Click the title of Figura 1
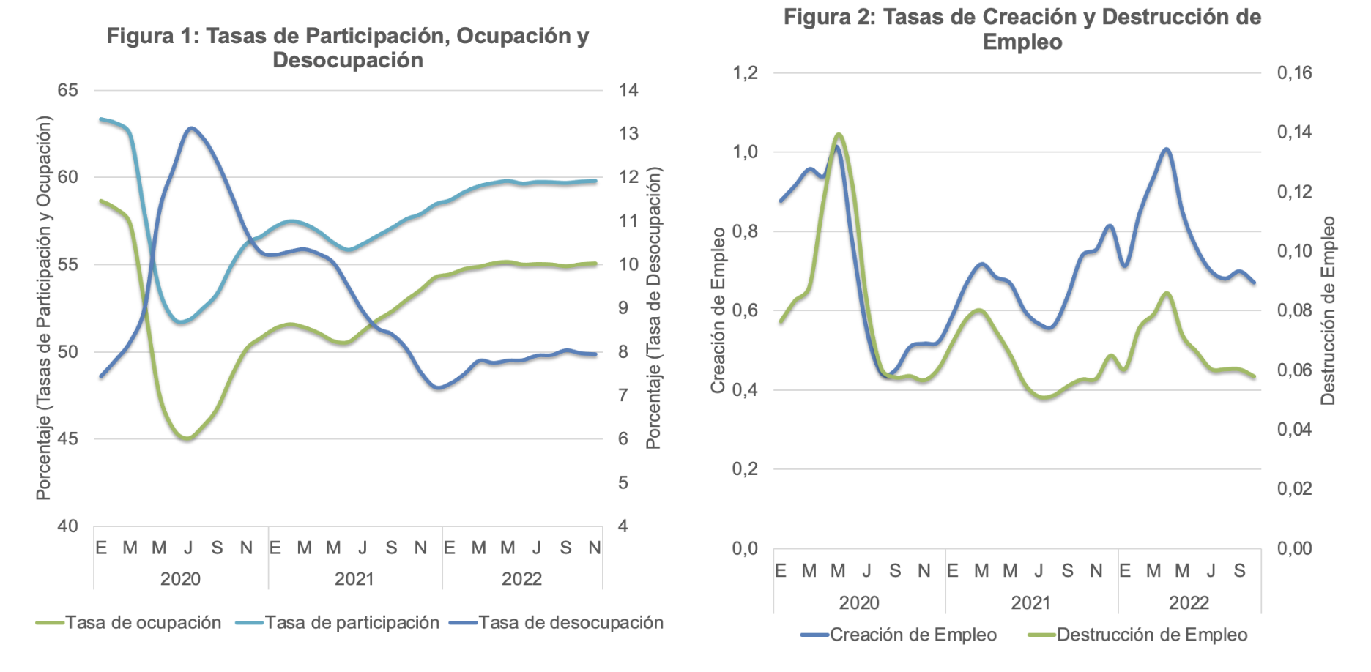tap(348, 48)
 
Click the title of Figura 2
tap(1022, 29)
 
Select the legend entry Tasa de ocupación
tap(129, 622)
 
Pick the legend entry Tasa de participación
tap(338, 622)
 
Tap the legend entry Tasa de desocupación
tap(557, 622)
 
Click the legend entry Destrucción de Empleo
tap(1138, 635)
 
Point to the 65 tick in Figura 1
tap(67, 90)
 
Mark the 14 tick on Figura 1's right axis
tap(628, 90)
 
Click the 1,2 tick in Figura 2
tap(746, 72)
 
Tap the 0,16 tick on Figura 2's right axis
tap(1294, 72)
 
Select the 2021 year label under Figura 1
tap(354, 579)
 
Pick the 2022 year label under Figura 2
tap(1189, 603)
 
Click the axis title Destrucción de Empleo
tap(1329, 310)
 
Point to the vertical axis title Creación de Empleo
tap(718, 310)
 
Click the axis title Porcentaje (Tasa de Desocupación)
tap(653, 308)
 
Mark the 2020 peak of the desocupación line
tap(191, 128)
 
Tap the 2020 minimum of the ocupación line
tap(187, 438)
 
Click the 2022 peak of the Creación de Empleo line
tap(1166, 149)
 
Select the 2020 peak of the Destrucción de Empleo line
tap(839, 134)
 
